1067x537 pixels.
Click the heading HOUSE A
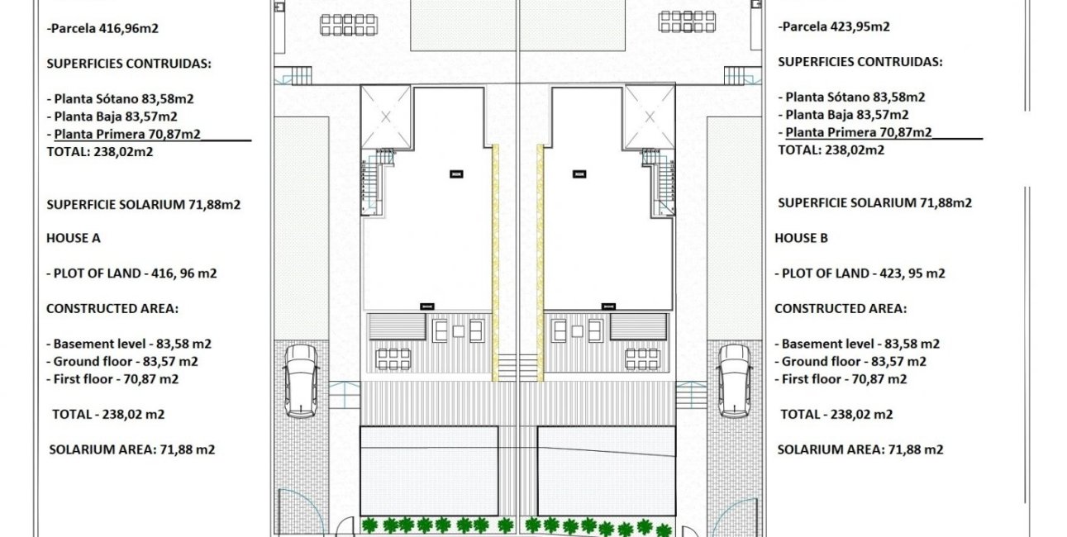point(73,238)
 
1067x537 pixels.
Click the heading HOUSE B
point(801,238)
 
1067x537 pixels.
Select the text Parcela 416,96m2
point(103,27)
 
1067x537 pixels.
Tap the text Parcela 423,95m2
point(834,26)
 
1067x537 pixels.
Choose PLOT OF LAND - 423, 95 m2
point(860,273)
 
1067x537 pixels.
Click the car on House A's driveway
point(301,380)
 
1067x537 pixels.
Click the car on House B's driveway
point(734,380)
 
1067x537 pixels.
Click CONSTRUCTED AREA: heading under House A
point(112,308)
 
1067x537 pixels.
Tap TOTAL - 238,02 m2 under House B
point(836,415)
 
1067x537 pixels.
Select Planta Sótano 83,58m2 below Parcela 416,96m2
point(121,97)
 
